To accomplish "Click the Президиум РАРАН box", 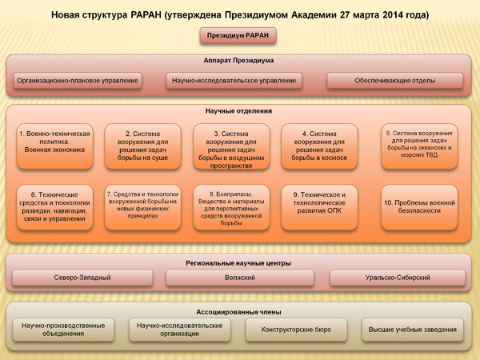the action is (x=238, y=36).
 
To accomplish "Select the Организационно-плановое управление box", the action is (x=78, y=81).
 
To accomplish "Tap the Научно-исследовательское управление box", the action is (x=234, y=81).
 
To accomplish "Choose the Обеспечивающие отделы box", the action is (x=395, y=81).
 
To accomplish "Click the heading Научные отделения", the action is (x=238, y=111).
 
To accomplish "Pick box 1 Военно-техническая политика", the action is (x=54, y=146).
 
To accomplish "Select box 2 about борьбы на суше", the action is (x=142, y=146).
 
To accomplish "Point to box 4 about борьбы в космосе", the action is (x=319, y=146).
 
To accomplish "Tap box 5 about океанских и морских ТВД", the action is (x=419, y=146).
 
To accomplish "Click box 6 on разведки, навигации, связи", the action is (x=54, y=207).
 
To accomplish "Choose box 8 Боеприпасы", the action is (x=231, y=207).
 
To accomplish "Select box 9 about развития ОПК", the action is (x=319, y=207).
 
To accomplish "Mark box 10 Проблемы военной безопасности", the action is (x=419, y=207).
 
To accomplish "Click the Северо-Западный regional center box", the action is (x=82, y=278).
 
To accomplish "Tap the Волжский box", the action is (x=240, y=278).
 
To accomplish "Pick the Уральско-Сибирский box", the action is (x=398, y=278).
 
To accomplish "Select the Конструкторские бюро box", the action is (x=296, y=330).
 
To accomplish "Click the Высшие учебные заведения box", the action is (x=412, y=330).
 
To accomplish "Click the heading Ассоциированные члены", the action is (x=238, y=312).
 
